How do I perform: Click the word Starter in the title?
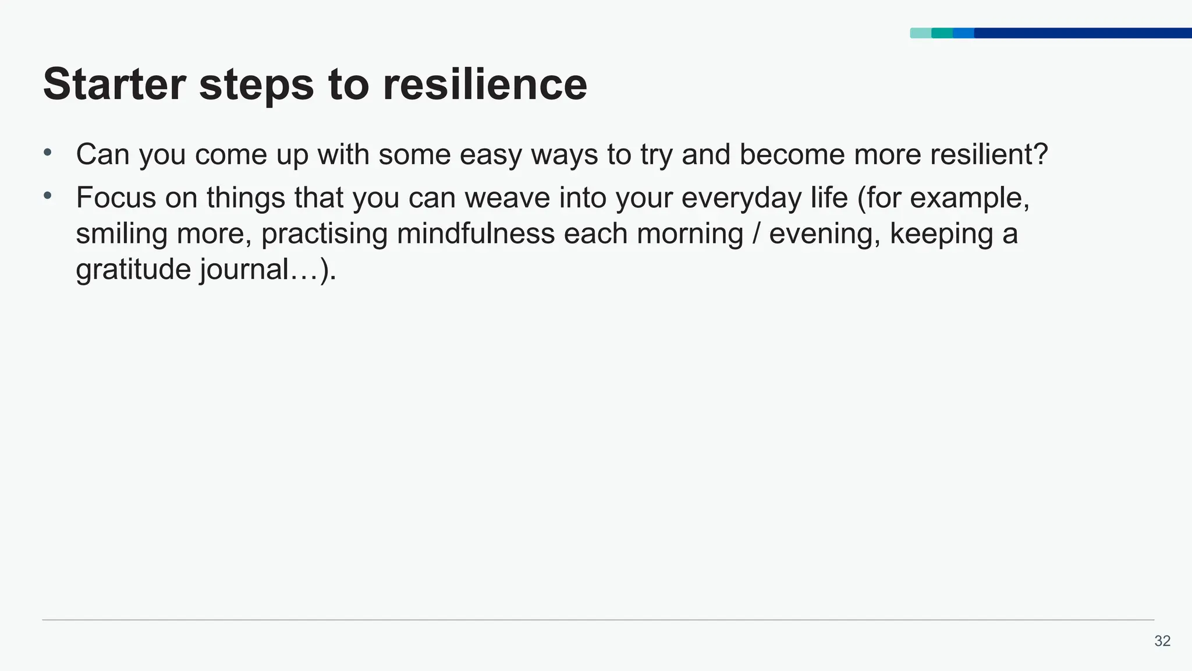[x=114, y=84]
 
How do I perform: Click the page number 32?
[x=1162, y=641]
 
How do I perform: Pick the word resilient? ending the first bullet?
[x=989, y=154]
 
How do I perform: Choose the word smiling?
[x=121, y=234]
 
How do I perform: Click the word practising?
[x=324, y=235]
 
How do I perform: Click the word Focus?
[x=116, y=198]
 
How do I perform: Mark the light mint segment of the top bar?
[x=920, y=33]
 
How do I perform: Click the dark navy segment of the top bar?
[x=1083, y=33]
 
